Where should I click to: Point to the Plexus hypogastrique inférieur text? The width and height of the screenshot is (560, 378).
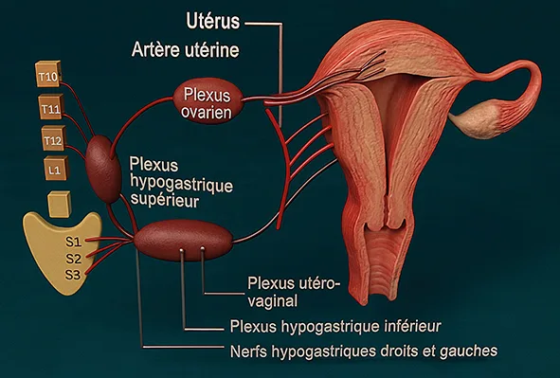click(x=335, y=327)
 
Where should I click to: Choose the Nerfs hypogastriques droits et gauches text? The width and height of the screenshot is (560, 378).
click(x=363, y=351)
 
